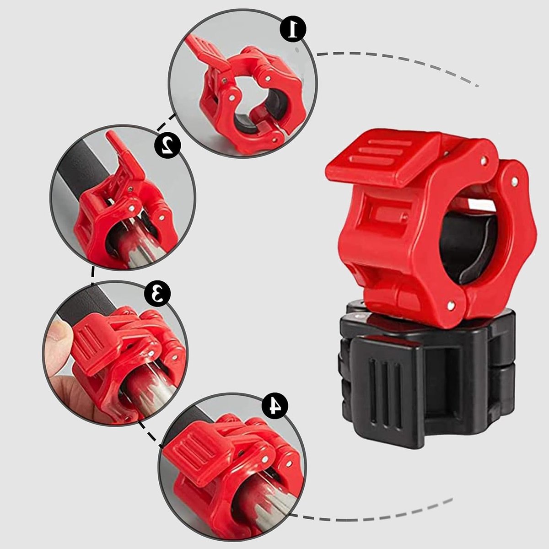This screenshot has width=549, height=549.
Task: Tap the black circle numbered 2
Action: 167,145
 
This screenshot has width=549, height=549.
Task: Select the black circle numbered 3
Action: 157,293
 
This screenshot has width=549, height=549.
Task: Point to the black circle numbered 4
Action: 274,406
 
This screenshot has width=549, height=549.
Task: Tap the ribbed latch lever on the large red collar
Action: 383,160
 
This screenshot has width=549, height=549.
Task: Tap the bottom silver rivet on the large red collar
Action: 451,306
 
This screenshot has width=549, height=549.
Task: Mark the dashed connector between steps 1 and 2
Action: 167,123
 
